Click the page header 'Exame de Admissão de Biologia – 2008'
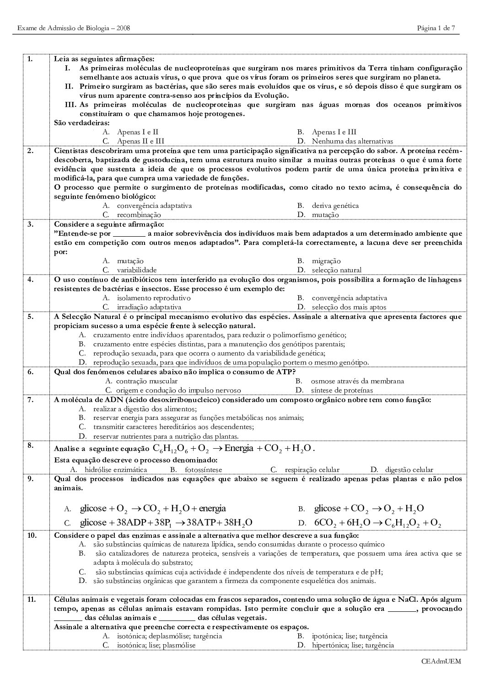74,28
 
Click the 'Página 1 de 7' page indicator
436,28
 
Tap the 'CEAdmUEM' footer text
441,661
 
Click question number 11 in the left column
31,599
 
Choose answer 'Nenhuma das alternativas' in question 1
352,141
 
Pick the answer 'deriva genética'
335,206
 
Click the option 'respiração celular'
312,470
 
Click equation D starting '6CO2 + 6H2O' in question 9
377,523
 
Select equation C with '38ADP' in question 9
166,523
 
